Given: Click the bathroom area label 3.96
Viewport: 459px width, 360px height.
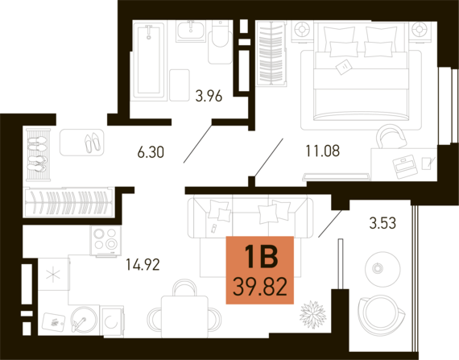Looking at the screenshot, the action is click(209, 96).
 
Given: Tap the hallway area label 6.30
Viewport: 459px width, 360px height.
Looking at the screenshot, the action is click(151, 152).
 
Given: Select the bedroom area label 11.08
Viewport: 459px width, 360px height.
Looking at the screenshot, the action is click(323, 151).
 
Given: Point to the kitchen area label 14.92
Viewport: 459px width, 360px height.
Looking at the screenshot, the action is click(143, 265).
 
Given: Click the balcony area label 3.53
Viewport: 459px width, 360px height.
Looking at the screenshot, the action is click(382, 223).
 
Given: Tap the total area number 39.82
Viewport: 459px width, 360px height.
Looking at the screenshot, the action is click(260, 287).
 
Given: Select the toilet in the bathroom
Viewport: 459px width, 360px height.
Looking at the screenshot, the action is click(220, 42).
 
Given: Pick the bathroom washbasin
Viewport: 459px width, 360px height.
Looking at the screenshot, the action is click(191, 31).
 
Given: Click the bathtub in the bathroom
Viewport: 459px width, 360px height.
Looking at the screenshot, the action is click(149, 60).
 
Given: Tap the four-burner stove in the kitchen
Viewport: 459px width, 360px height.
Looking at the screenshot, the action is click(105, 240).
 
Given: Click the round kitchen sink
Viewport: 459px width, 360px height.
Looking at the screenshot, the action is click(84, 320).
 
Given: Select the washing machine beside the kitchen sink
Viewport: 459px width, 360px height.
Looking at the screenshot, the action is click(112, 321).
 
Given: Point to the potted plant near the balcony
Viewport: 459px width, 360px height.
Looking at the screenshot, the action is click(312, 315).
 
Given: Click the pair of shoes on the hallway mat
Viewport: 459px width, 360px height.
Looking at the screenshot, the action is click(93, 143).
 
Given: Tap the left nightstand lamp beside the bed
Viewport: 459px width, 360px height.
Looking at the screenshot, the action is click(301, 30).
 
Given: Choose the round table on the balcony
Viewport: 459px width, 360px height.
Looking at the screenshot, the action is click(382, 268).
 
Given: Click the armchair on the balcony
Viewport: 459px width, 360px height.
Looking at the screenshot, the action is click(382, 316).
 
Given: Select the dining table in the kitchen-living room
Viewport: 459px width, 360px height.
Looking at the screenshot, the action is click(184, 316).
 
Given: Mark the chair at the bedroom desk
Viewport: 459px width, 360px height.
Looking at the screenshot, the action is click(391, 136).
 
